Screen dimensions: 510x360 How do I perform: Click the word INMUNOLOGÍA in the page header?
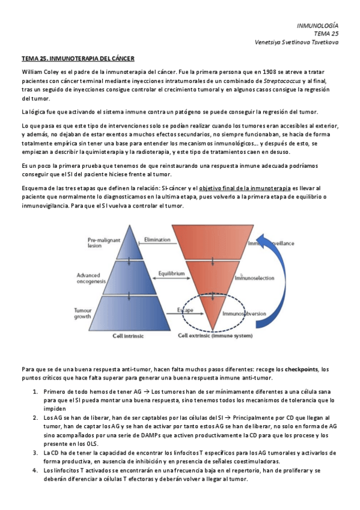pos(318,25)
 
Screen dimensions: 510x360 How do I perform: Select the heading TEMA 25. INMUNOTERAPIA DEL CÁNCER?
pos(78,59)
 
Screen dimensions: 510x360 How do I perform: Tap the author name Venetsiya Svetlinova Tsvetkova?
pos(297,42)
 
